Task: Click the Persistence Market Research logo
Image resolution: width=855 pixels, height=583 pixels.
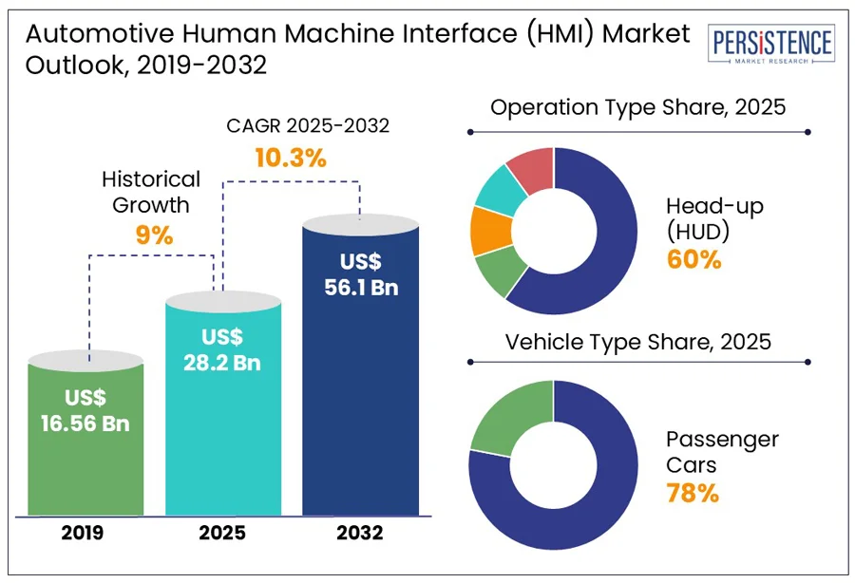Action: tap(772, 46)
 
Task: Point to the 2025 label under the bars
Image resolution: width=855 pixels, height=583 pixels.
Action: tap(223, 534)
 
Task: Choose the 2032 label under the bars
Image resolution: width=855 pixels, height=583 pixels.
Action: tap(360, 534)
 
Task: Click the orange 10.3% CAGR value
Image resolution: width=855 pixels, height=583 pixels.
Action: tap(290, 158)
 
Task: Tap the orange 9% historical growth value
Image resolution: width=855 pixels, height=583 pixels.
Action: tap(154, 235)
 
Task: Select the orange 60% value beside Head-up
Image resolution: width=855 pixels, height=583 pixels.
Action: tap(693, 259)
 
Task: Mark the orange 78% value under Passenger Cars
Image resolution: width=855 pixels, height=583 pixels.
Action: tap(692, 493)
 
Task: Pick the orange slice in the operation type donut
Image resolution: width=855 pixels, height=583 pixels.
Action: tap(489, 229)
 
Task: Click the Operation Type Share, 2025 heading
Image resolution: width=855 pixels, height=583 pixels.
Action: tap(637, 106)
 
